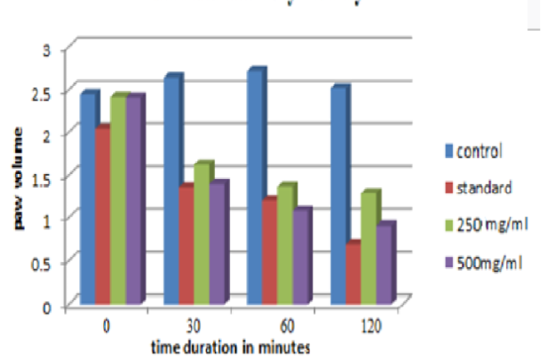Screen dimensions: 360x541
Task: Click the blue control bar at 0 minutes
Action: click(x=87, y=198)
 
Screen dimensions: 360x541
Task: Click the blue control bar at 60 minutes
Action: click(x=254, y=188)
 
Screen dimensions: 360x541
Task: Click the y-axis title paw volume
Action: click(x=16, y=178)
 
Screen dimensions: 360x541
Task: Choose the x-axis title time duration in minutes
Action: click(x=231, y=346)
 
